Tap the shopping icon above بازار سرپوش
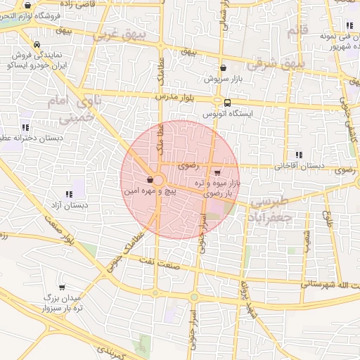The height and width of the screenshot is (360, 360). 224,68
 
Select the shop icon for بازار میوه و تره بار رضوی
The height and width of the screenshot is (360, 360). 217,172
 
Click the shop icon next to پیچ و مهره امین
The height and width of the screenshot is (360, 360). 150,179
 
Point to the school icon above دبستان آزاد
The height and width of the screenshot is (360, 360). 70,194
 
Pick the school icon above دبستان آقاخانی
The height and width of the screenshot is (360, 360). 299,155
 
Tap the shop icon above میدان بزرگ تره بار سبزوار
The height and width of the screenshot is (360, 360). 62,287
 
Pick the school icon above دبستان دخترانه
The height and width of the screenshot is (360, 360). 26,128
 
